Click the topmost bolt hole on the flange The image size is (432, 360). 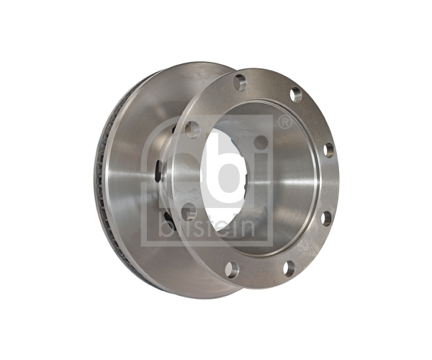pos(240,82)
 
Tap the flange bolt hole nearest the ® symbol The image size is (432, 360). pos(296,95)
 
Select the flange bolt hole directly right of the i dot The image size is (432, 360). pos(328,150)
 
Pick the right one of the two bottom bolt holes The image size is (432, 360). pos(289,268)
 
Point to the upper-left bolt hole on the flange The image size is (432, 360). pos(192,130)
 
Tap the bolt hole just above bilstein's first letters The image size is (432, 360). pos(189,210)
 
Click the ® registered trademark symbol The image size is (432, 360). pos(285,122)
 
